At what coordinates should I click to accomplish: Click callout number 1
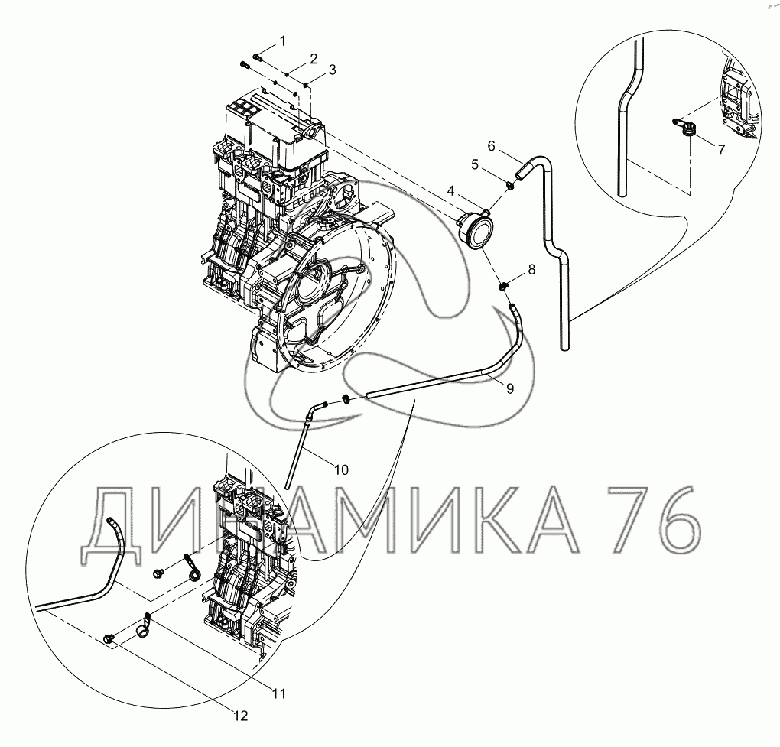point(282,41)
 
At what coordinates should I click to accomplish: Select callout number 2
point(314,59)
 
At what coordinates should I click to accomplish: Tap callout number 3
point(333,70)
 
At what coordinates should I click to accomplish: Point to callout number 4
point(450,190)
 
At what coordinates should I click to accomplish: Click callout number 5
point(475,164)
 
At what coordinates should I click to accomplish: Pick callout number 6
point(491,146)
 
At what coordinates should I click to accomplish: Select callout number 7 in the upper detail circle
point(721,148)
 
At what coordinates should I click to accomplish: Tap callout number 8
point(531,270)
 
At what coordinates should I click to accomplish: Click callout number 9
point(510,388)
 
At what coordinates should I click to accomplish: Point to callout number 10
point(341,469)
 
